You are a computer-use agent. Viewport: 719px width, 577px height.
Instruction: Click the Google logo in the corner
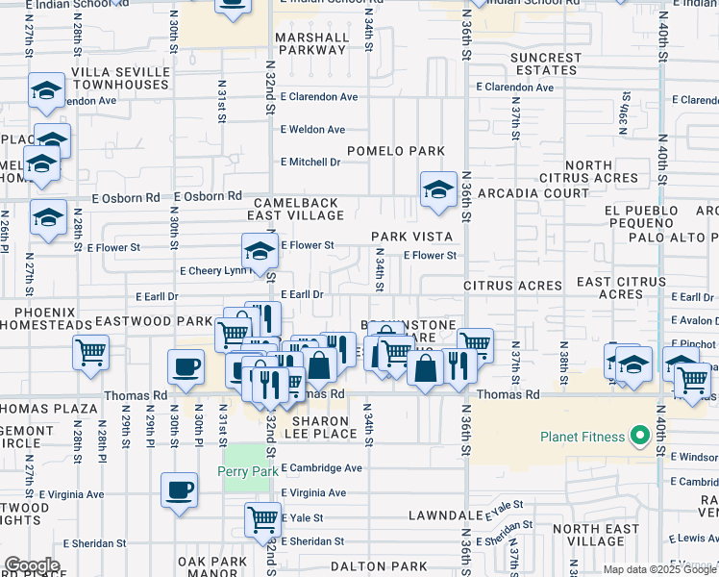pos(32,565)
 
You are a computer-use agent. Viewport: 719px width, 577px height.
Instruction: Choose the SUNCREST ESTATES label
pos(546,64)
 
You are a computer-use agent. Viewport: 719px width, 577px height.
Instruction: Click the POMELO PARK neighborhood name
pos(395,151)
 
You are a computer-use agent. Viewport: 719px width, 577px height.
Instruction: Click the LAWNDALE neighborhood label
pos(443,516)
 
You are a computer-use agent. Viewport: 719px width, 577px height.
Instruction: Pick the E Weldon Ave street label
pos(312,130)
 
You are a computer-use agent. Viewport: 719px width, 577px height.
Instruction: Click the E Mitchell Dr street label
pos(310,163)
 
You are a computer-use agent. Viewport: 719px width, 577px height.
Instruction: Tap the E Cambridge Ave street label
pos(321,468)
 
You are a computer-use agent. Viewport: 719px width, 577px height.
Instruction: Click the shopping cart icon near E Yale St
pos(262,518)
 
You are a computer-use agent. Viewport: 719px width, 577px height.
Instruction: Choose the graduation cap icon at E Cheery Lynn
pos(259,252)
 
